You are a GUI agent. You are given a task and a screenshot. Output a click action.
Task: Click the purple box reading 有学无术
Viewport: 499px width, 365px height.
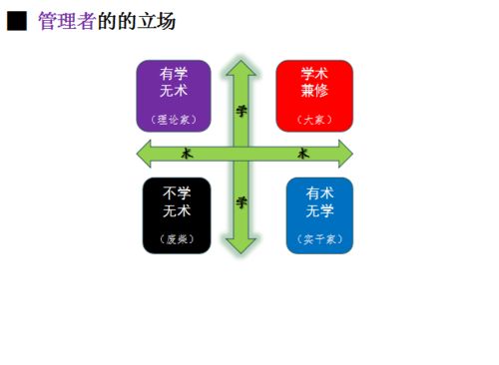click(173, 96)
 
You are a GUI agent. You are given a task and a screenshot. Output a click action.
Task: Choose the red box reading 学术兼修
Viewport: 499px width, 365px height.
click(313, 96)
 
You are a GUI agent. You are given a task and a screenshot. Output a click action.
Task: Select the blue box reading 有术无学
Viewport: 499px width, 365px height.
click(319, 215)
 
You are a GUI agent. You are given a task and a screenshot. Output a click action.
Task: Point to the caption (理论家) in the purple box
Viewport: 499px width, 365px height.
click(173, 120)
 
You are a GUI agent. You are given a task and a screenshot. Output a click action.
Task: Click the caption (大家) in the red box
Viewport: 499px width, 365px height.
click(313, 121)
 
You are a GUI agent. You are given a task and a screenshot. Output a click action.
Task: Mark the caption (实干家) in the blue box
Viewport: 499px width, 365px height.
click(319, 239)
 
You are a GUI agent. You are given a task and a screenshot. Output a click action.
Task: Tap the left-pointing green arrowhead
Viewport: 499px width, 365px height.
click(145, 154)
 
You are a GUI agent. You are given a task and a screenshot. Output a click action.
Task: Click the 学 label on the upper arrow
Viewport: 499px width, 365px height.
click(241, 110)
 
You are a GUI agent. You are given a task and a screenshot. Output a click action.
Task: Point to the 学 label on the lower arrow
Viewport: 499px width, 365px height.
click(241, 201)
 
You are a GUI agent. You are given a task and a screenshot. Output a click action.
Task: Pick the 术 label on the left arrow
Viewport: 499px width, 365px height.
click(187, 154)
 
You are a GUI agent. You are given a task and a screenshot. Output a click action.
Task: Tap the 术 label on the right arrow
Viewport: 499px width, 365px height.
click(303, 154)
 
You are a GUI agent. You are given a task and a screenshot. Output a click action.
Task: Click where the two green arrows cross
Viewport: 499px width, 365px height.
click(241, 154)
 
